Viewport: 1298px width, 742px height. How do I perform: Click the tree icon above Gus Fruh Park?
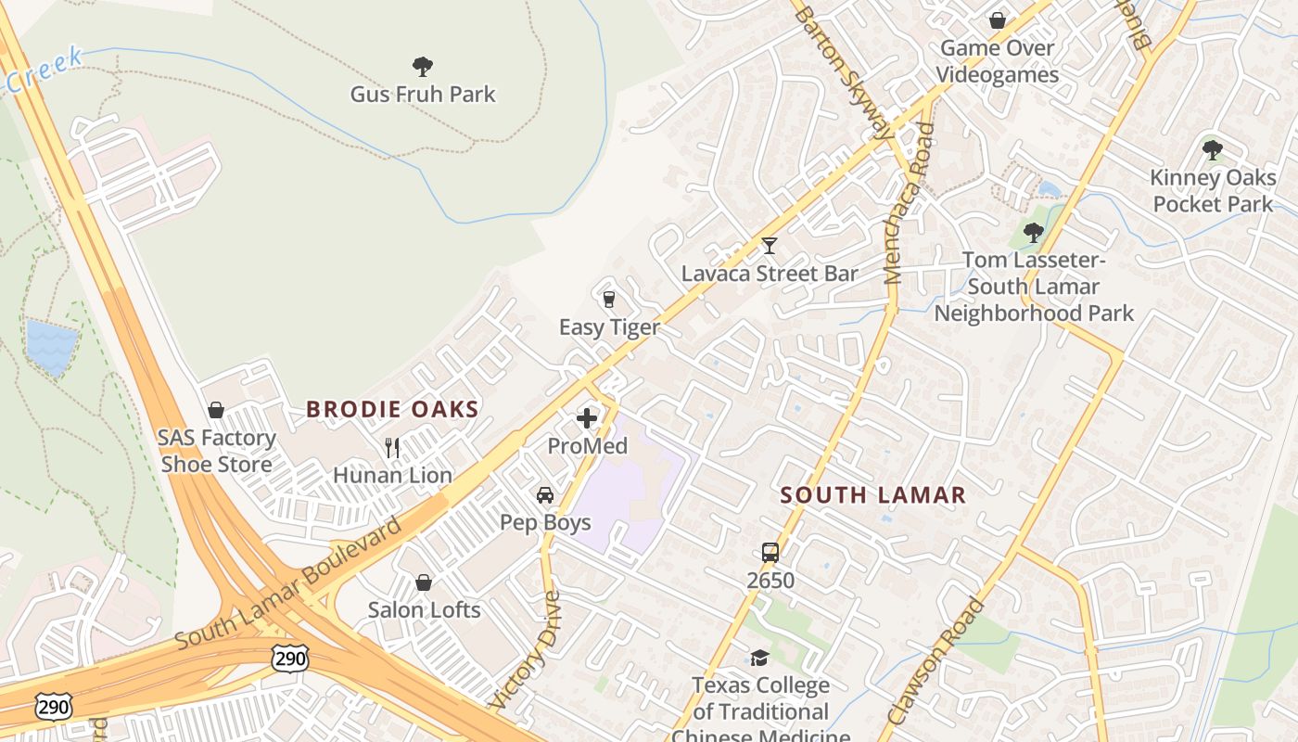click(423, 67)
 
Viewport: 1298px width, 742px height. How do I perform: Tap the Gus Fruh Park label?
click(423, 95)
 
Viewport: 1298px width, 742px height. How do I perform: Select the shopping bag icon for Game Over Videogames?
click(998, 19)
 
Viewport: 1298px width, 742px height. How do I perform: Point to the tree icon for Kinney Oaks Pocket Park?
click(1212, 149)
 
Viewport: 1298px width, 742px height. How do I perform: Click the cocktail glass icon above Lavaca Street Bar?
click(769, 246)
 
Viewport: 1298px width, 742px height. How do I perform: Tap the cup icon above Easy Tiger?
click(609, 299)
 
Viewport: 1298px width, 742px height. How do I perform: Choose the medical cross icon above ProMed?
click(587, 418)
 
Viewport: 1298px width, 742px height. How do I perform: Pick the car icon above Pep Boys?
click(545, 495)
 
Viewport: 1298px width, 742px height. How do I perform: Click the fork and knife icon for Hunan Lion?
click(392, 448)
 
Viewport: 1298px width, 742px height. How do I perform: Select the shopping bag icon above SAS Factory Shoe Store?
click(216, 410)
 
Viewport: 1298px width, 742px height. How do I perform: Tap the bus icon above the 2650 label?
click(770, 553)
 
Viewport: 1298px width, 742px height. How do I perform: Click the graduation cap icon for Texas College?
click(760, 658)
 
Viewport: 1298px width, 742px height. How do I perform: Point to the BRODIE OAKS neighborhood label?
click(392, 409)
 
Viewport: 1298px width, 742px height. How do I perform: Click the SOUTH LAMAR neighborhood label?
click(873, 495)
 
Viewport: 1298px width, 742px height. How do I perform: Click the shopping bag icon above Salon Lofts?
click(424, 582)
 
